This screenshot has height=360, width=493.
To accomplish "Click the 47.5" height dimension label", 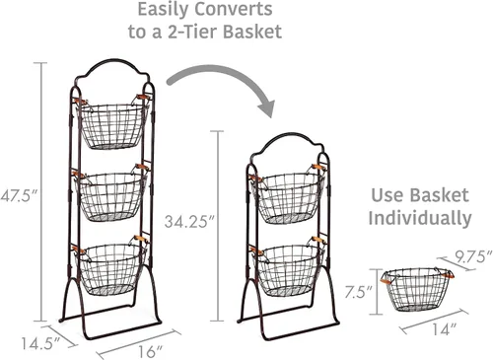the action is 20,196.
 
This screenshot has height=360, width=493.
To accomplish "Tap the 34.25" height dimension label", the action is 189,221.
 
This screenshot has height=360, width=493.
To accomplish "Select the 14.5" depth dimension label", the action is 40,343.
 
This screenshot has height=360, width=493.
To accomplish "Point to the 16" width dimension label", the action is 151,351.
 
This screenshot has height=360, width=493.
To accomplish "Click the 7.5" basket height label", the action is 358,292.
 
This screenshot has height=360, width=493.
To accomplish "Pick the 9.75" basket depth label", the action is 473,256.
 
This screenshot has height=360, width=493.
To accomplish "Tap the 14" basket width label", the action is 445,329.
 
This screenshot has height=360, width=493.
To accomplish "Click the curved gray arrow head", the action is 265,108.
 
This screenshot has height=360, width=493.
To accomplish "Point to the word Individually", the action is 420,218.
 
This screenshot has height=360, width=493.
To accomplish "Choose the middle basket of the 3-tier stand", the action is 111,193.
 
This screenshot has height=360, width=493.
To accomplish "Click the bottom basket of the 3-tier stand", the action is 110,267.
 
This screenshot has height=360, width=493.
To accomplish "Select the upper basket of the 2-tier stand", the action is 288,195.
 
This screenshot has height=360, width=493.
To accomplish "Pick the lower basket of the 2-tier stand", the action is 288,267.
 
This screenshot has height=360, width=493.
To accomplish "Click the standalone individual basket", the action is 417,289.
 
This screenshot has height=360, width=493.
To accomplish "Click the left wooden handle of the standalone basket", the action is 387,280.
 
